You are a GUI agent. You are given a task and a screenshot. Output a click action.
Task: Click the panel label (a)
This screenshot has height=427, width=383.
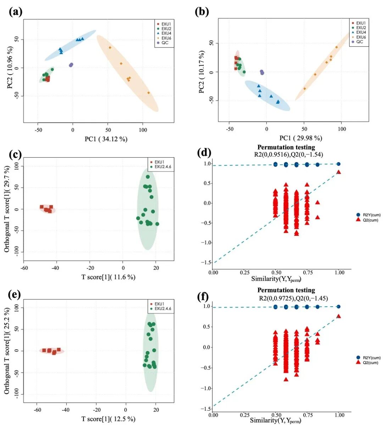16,12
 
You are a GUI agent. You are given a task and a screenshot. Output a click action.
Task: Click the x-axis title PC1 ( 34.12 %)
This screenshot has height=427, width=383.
106,139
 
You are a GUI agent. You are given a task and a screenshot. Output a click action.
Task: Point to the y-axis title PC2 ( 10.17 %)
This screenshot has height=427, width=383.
202,72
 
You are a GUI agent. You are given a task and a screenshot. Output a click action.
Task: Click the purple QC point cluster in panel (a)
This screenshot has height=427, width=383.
71,65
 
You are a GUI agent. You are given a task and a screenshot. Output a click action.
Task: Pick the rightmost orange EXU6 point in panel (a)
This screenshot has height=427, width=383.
148,93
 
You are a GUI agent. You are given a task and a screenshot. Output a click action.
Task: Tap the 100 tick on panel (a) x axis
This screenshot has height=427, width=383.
143,130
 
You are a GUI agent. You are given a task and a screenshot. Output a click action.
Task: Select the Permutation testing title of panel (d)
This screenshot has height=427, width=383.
286,147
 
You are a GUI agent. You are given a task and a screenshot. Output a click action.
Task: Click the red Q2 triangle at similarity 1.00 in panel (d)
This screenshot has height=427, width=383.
339,172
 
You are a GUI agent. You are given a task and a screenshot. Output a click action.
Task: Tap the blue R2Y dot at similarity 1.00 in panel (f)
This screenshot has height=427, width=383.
339,307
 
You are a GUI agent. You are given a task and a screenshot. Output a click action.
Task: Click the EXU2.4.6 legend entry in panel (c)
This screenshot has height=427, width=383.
163,166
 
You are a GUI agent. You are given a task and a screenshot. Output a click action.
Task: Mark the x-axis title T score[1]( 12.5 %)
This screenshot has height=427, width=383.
108,419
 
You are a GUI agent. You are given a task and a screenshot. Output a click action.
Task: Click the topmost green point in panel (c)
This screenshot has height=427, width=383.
148,177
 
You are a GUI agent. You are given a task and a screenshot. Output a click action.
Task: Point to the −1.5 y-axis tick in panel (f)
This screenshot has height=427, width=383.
206,409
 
